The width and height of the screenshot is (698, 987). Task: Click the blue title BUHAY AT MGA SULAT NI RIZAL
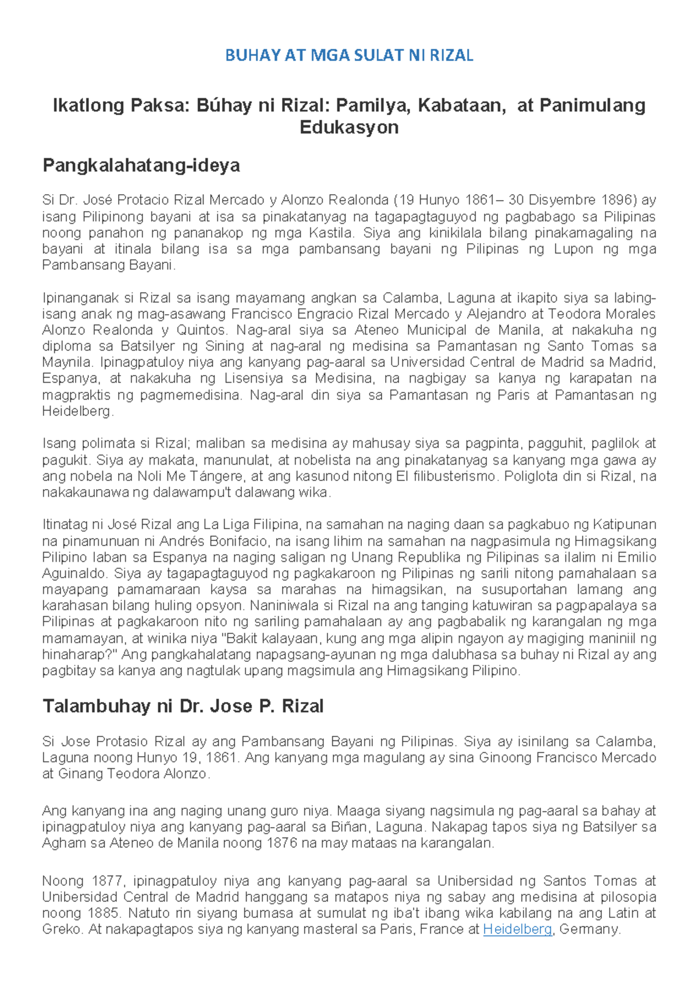click(349, 56)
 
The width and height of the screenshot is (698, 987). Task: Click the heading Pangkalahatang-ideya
click(141, 166)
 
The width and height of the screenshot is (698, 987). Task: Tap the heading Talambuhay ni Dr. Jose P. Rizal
click(183, 707)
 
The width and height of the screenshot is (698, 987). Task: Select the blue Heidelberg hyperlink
click(517, 929)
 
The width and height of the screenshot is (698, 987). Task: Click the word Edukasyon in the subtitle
click(349, 127)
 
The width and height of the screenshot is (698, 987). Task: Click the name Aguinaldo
click(74, 574)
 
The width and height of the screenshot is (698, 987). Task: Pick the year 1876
click(282, 843)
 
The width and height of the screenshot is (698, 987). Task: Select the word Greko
click(62, 929)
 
